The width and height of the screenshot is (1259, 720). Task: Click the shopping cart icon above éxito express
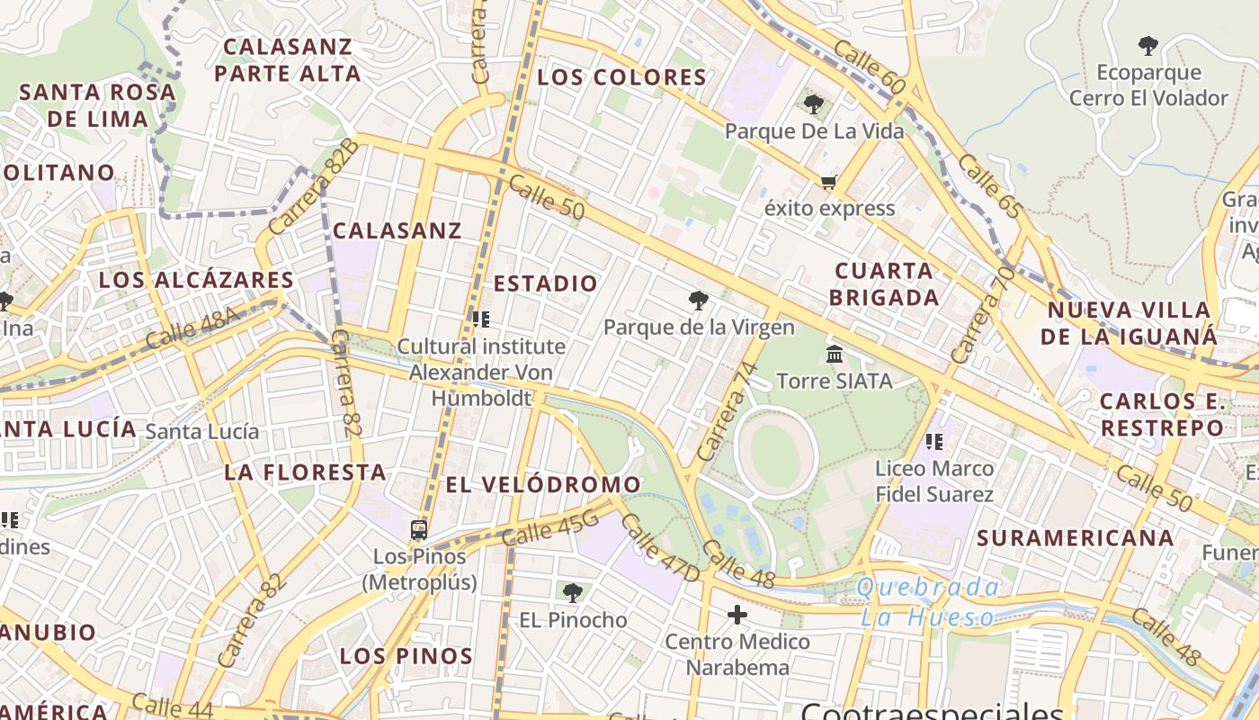828,183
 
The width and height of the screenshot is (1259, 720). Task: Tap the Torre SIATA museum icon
835,355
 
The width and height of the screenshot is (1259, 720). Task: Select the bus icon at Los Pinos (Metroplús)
419,530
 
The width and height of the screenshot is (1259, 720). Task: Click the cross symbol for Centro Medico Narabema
737,615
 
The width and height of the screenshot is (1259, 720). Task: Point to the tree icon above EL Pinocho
572,592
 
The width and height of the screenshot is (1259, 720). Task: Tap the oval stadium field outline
775,452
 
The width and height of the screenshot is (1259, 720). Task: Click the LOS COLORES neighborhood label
622,77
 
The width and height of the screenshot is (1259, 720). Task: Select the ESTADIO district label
546,283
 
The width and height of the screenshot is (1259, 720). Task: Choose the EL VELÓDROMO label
543,485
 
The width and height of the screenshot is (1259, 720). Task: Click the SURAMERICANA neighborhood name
1076,538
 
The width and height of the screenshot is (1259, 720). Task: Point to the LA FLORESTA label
306,472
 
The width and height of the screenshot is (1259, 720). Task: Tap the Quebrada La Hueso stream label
928,603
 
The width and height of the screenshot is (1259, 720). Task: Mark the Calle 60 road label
870,67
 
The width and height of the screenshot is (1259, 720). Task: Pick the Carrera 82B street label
314,187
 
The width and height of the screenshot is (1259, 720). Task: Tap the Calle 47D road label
659,546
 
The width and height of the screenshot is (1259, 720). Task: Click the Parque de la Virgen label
699,327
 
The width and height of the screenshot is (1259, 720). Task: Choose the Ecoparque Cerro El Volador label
1148,85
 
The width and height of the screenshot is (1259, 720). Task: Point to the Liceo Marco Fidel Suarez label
934,481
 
